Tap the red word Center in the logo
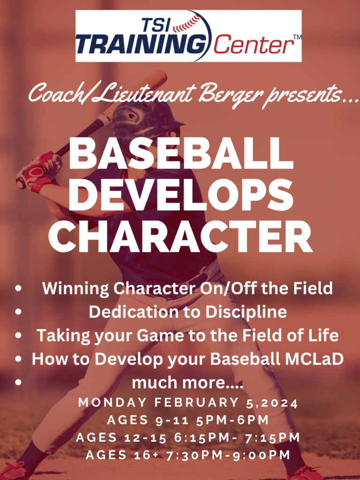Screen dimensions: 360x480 [x=253, y=45]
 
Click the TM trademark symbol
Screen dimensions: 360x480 [x=297, y=37]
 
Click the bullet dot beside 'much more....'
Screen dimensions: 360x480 [x=19, y=382]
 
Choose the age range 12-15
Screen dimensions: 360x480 [x=145, y=437]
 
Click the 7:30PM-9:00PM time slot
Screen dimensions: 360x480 [x=228, y=455]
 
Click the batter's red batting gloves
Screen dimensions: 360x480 [x=38, y=172]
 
